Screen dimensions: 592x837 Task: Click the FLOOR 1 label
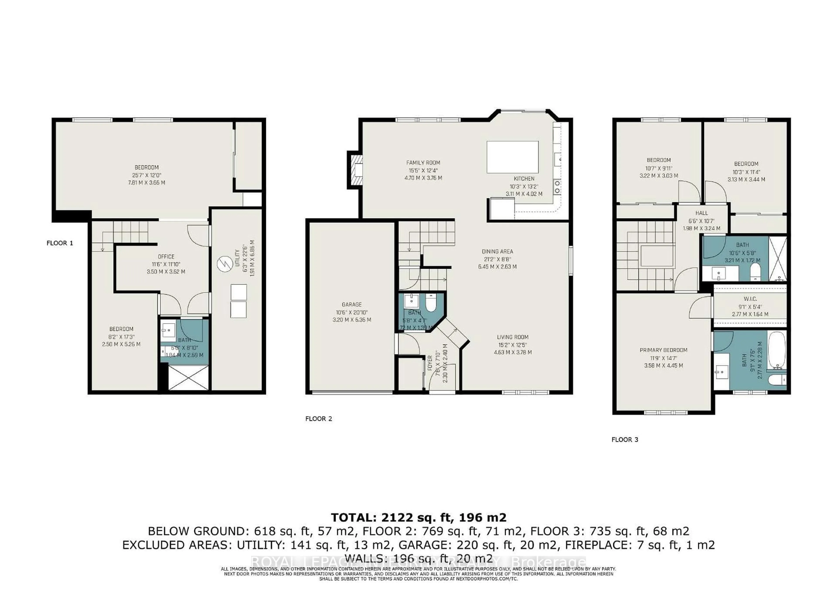tap(60, 243)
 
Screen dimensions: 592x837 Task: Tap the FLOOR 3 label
tap(625, 440)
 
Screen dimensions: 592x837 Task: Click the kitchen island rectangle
tap(512, 157)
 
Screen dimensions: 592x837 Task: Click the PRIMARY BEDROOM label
tap(663, 350)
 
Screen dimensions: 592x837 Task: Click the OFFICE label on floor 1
tap(166, 257)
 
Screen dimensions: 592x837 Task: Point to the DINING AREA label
tap(497, 251)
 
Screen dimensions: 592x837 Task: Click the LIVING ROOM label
tap(512, 337)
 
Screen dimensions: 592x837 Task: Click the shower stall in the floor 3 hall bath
tap(777, 259)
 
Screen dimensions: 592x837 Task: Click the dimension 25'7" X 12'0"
tap(146, 175)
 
